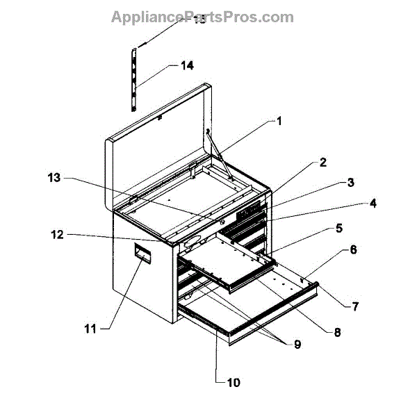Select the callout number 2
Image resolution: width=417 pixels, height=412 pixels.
point(322,163)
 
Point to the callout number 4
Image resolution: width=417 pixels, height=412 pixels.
point(373,204)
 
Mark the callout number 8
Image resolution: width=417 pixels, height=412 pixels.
point(338,332)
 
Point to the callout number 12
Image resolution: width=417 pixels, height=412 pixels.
point(58,235)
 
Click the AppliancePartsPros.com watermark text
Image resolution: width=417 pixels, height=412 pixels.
point(202,17)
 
